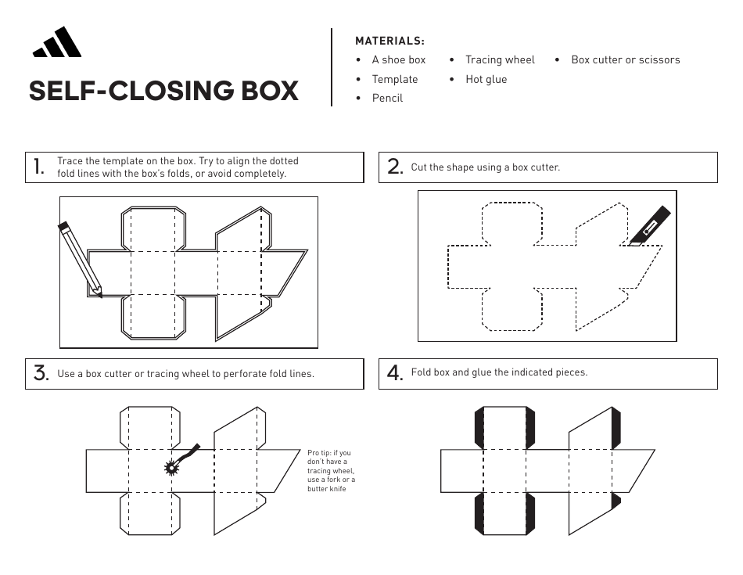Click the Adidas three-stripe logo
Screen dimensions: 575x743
click(57, 43)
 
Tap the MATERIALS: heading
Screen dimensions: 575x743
click(389, 41)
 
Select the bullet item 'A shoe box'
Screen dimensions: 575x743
click(398, 59)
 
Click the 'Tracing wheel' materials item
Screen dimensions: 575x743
click(500, 59)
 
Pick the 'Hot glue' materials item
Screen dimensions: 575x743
click(486, 79)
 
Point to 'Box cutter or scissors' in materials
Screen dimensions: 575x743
click(625, 59)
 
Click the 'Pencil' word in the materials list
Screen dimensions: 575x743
click(387, 99)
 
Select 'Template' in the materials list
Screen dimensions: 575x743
click(394, 79)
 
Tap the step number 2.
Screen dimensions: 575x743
click(395, 167)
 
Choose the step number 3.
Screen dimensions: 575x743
click(41, 374)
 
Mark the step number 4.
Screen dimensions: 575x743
click(395, 373)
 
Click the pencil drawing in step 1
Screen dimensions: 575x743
click(79, 258)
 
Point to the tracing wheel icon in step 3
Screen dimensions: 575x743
click(174, 467)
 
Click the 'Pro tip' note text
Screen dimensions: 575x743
click(331, 471)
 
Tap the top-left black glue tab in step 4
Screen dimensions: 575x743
click(479, 427)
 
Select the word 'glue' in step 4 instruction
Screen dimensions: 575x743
click(482, 372)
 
